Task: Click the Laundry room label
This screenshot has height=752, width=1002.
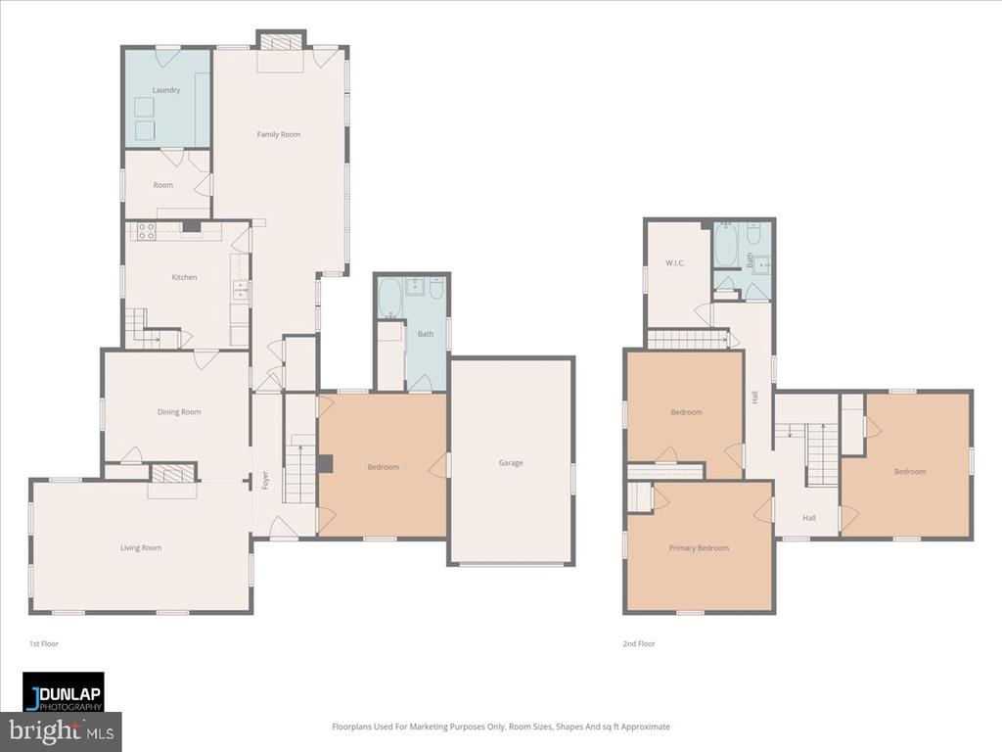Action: (x=166, y=90)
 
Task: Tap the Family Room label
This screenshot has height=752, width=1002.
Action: (x=279, y=134)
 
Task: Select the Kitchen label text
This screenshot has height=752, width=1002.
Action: (x=184, y=277)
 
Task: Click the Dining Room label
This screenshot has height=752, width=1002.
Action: (x=179, y=412)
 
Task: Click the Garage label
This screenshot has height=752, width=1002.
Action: (x=511, y=463)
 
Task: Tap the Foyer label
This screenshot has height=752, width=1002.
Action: (x=264, y=480)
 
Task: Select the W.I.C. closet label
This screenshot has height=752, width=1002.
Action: (x=675, y=262)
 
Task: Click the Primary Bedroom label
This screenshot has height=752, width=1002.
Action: (x=699, y=548)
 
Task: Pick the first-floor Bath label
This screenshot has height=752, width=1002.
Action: (x=426, y=334)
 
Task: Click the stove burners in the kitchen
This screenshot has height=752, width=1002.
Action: (x=146, y=232)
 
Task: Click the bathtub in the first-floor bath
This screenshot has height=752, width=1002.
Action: (x=389, y=298)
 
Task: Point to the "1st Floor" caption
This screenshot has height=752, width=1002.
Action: (x=43, y=644)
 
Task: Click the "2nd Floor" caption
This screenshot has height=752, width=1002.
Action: (x=640, y=644)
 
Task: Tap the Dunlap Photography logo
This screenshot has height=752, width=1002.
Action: (x=64, y=692)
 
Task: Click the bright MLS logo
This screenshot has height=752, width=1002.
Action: (x=61, y=730)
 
